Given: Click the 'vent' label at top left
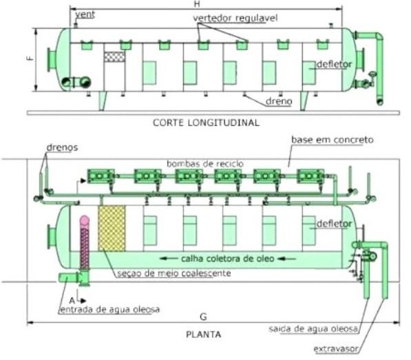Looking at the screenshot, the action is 85,14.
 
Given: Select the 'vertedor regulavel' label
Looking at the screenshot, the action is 235,18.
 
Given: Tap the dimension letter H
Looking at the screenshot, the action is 197,4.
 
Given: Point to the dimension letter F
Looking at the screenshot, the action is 31,58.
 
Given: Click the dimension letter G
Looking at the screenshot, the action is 203,317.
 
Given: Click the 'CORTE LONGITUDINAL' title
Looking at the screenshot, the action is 206,123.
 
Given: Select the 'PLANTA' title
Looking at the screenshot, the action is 203,335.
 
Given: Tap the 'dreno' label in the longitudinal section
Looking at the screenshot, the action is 279,101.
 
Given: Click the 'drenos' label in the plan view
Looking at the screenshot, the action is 62,147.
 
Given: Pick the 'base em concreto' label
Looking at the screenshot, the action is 333,140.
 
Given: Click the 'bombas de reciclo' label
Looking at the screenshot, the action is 205,164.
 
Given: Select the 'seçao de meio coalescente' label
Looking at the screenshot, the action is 173,273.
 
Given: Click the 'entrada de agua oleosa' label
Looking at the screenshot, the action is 110,310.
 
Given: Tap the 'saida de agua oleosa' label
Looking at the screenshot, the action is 313,329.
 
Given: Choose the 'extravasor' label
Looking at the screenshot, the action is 336,349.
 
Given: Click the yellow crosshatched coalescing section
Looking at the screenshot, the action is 112,229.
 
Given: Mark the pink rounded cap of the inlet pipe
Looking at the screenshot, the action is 85,220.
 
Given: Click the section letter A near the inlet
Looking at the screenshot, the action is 72,300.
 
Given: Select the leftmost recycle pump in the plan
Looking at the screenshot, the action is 101,176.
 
